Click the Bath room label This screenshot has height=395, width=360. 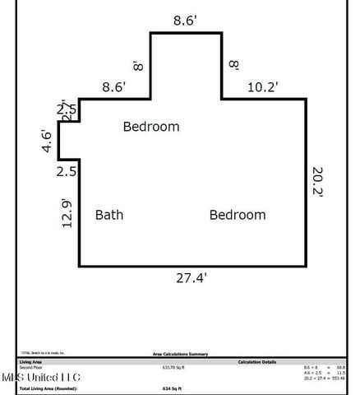coord(109,216)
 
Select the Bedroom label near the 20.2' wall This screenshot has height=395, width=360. coord(238,216)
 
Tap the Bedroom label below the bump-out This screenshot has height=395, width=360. coord(151,127)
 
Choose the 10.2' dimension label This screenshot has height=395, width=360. coord(263,85)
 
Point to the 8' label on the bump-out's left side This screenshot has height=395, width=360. coord(139,64)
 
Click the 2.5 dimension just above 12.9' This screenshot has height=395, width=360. coord(67,172)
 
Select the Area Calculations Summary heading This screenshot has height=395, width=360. coord(179,354)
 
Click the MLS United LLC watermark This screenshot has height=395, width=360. coord(41,378)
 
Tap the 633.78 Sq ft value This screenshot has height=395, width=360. coord(173,368)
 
